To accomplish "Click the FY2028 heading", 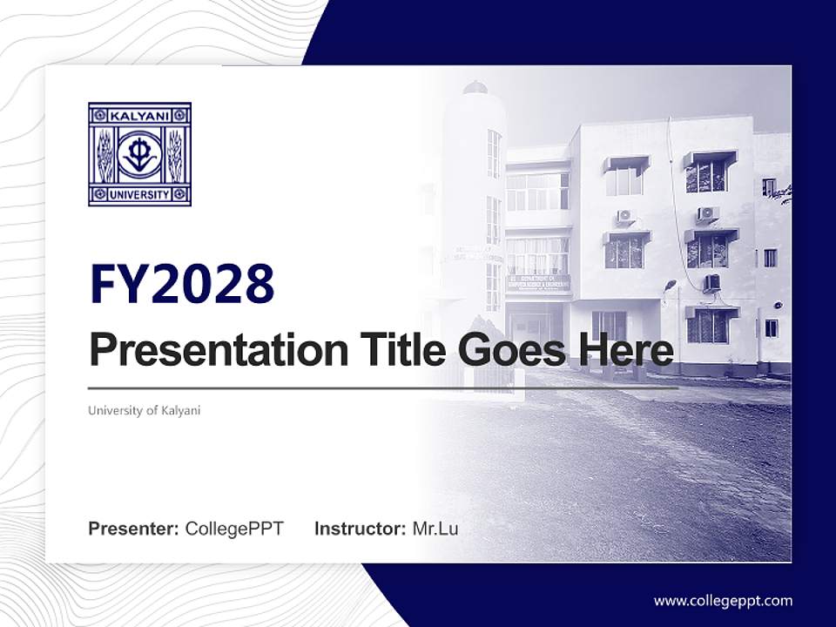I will [182, 284].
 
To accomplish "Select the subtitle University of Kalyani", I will [144, 410].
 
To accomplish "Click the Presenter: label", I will [134, 529].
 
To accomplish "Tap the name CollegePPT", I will [234, 529].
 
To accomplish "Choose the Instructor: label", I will [361, 529].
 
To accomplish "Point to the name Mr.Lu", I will [435, 529].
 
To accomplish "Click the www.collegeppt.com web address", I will [723, 600].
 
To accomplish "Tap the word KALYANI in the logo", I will [139, 115].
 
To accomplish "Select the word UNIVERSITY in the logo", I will [139, 194].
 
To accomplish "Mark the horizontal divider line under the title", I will [383, 388].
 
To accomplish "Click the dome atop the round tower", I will [475, 87].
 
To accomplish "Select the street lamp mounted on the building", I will [670, 285].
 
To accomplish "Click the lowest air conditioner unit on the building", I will [711, 282].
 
